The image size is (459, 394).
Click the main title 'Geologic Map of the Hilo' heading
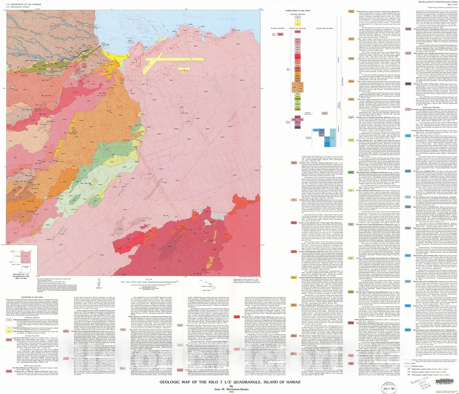click(x=229, y=382)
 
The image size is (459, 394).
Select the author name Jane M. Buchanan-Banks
click(x=230, y=389)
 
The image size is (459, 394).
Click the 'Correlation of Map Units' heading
click(x=297, y=11)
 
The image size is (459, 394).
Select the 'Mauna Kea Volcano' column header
click(x=324, y=28)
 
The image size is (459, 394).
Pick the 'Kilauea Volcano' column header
click(x=277, y=28)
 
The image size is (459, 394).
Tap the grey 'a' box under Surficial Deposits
click(x=297, y=17)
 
